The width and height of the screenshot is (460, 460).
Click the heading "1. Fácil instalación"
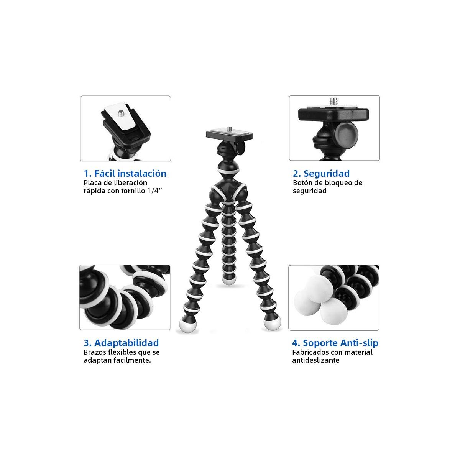(x=125, y=174)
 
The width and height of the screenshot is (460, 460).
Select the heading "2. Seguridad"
(x=321, y=174)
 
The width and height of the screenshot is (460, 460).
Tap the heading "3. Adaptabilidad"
(x=121, y=343)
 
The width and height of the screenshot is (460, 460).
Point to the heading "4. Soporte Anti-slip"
(x=335, y=343)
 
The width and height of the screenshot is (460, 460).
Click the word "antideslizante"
(x=315, y=360)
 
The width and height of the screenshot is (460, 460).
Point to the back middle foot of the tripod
(x=229, y=279)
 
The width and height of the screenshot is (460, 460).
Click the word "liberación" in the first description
(x=130, y=183)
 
